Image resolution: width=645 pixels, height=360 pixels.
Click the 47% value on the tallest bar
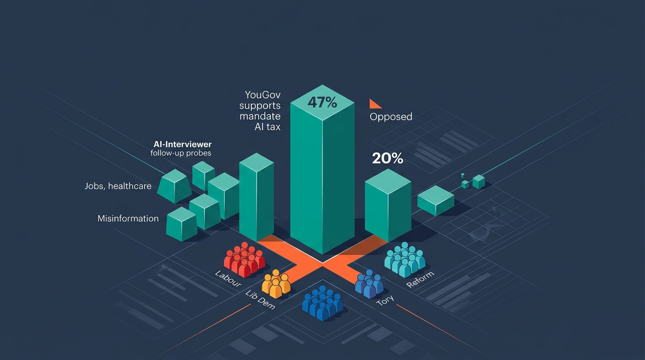[x=322, y=102]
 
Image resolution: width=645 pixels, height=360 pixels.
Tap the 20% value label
[x=388, y=158]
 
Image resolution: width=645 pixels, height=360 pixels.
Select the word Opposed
[x=391, y=117]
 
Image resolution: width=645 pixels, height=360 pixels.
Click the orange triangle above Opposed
[x=375, y=104]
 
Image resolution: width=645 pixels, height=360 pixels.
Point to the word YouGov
[x=262, y=95]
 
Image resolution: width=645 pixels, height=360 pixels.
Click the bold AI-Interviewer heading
[x=182, y=144]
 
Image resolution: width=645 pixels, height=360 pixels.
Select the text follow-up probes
[x=181, y=153]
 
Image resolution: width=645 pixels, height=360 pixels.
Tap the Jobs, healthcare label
[x=118, y=186]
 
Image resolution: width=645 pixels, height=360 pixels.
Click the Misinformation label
[x=128, y=218]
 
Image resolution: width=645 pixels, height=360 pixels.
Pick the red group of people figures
[x=245, y=260]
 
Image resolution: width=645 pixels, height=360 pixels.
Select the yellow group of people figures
[x=276, y=284]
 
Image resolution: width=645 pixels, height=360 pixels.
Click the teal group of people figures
[x=405, y=260]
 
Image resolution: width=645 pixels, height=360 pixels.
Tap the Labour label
[x=228, y=279]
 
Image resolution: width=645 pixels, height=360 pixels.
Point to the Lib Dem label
[x=260, y=300]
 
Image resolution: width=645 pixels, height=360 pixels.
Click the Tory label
[x=385, y=300]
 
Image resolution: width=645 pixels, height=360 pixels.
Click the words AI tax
[x=268, y=127]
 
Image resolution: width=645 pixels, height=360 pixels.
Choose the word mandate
[x=260, y=116]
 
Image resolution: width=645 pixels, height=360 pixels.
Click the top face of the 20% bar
[x=388, y=181]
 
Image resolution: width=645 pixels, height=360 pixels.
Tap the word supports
[x=260, y=105]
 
